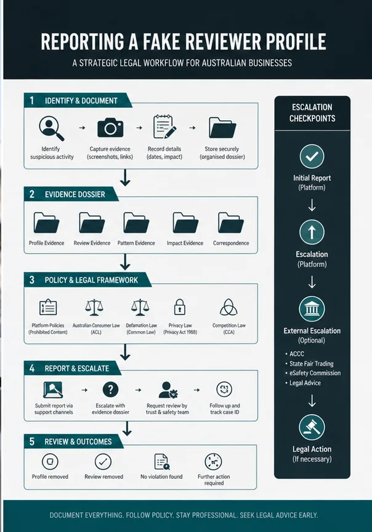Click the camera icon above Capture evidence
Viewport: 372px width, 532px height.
[x=110, y=128]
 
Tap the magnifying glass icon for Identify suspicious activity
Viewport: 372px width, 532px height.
[x=51, y=128]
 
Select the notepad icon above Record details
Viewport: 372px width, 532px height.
[x=164, y=127]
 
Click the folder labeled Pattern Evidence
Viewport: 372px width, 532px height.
[x=136, y=223]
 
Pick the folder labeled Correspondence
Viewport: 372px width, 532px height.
[x=230, y=223]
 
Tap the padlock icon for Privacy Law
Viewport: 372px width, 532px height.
[x=180, y=307]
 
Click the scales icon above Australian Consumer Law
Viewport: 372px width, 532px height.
[x=94, y=308]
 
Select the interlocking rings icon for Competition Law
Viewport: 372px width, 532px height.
[x=228, y=308]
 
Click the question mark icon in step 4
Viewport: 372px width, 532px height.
[x=110, y=390]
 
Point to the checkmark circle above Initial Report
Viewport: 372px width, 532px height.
[x=312, y=157]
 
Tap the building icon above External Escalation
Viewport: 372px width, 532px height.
[x=312, y=309]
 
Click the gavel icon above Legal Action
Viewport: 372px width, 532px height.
[x=312, y=427]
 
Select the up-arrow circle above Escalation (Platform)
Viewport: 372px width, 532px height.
[x=312, y=232]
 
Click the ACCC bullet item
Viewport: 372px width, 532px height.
[x=294, y=354]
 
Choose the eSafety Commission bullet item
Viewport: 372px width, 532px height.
[x=313, y=373]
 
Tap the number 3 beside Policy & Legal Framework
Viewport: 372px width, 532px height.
[x=32, y=280]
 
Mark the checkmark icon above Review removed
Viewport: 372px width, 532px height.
[x=103, y=462]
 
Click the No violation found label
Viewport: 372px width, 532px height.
[x=161, y=477]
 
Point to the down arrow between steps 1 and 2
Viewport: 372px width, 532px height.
[x=125, y=178]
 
